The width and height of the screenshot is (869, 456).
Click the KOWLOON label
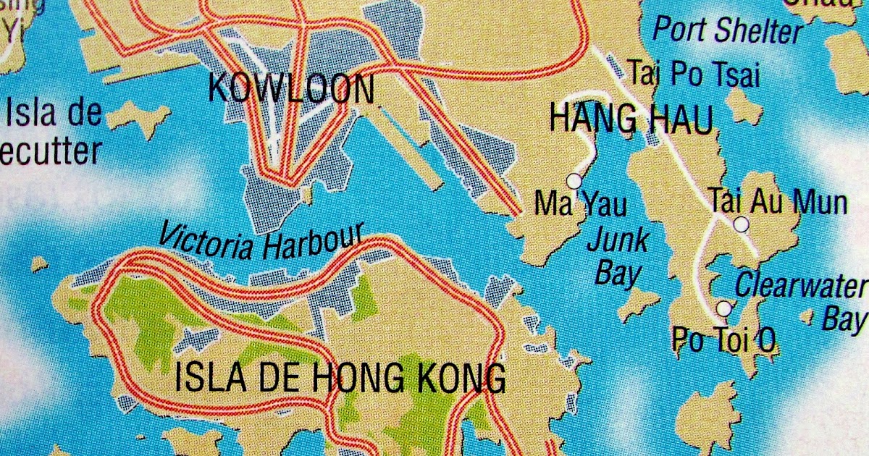click(x=291, y=88)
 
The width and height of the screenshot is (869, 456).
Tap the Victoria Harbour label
click(x=259, y=241)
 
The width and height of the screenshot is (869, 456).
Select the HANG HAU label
click(x=631, y=119)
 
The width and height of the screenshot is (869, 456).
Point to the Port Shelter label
click(x=728, y=30)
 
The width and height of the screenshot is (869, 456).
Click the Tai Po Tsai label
click(x=693, y=74)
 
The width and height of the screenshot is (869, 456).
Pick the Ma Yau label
click(x=581, y=204)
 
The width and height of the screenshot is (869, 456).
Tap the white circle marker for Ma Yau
click(x=574, y=180)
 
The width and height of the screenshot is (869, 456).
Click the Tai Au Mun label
click(x=778, y=201)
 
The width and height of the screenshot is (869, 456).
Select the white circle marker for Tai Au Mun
click(x=741, y=224)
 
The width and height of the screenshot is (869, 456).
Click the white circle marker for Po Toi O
click(x=724, y=309)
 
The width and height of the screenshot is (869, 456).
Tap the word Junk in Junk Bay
click(x=618, y=241)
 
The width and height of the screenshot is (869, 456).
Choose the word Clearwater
click(x=801, y=285)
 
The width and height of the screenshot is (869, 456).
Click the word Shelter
click(x=760, y=31)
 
